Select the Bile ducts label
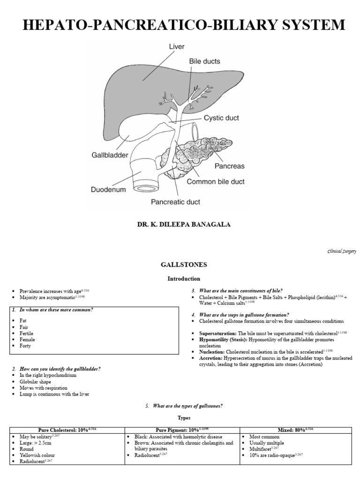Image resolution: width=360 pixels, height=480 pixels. pyautogui.click(x=204, y=61)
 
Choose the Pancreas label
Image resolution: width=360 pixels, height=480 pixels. pyautogui.click(x=229, y=165)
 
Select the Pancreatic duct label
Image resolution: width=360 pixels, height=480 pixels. pyautogui.click(x=175, y=202)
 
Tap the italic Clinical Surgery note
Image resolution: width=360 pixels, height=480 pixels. pyautogui.click(x=342, y=251)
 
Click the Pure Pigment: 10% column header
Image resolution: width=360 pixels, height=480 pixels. pyautogui.click(x=182, y=430)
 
